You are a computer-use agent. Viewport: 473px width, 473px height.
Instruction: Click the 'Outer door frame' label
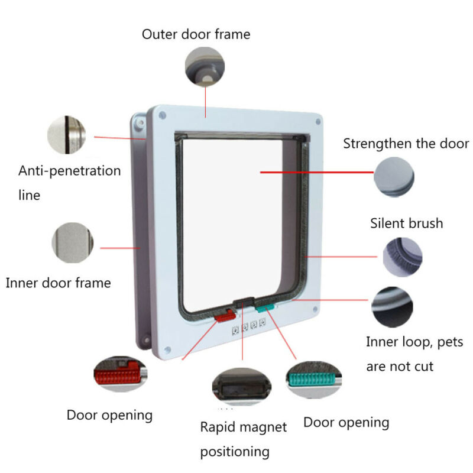tap(196, 34)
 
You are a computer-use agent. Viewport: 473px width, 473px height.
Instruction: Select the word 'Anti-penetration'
tap(69, 171)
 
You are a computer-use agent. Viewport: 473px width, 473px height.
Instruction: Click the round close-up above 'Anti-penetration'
tap(66, 135)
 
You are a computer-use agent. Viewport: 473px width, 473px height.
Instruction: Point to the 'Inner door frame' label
tap(58, 283)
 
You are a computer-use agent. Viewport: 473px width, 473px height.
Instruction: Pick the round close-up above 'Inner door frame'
tap(72, 243)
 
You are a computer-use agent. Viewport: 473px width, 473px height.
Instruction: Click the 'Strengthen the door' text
tap(406, 143)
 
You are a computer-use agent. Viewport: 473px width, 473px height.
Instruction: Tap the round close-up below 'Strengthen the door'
tap(394, 177)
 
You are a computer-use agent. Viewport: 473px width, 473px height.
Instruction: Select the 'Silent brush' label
tap(406, 223)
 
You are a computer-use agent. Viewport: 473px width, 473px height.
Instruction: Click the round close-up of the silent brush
tap(403, 257)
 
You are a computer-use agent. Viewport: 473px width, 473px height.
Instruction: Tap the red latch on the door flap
tap(225, 317)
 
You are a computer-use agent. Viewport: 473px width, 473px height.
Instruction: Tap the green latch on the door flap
tap(265, 307)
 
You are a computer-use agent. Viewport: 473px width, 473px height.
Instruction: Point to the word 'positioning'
tap(235, 452)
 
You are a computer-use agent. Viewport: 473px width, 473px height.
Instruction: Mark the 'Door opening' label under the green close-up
tap(346, 423)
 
